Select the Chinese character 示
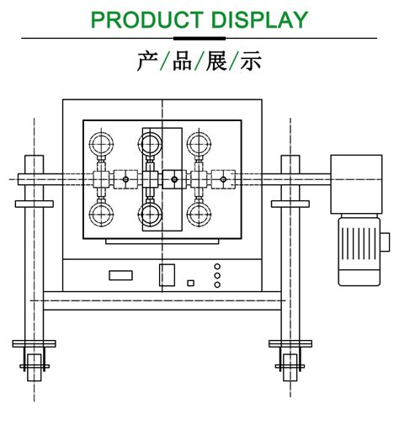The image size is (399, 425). click(251, 62)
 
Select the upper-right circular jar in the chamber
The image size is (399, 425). click(199, 141)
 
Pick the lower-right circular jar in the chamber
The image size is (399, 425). click(199, 215)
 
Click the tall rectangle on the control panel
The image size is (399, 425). click(167, 274)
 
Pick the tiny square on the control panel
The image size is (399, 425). click(191, 283)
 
